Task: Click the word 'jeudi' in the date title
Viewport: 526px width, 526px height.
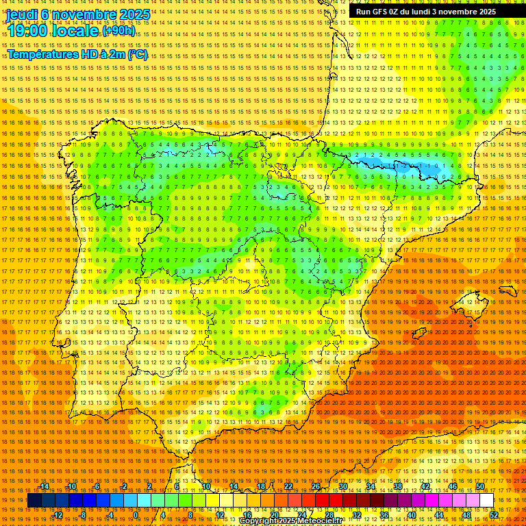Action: click(x=23, y=14)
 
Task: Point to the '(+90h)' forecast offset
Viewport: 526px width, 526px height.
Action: click(x=119, y=32)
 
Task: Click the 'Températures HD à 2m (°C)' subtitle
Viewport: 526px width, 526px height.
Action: click(x=77, y=54)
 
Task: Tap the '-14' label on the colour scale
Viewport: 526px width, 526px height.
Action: click(x=45, y=486)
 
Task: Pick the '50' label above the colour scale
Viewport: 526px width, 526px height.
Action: click(x=480, y=486)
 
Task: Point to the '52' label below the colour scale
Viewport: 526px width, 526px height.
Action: click(x=493, y=514)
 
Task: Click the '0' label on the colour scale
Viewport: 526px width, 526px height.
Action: click(x=136, y=514)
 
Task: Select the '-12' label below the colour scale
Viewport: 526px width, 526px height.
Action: click(x=58, y=514)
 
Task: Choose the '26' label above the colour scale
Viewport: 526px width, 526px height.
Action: click(x=316, y=486)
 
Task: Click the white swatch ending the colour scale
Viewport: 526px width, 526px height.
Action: click(x=486, y=501)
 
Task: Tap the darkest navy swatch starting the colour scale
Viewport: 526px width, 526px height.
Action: click(x=34, y=501)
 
